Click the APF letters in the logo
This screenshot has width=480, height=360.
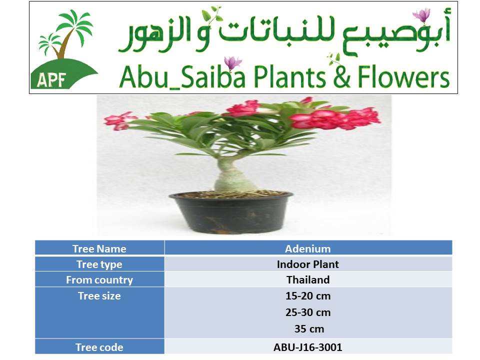click(51, 80)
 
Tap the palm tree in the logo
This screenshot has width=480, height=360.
click(65, 33)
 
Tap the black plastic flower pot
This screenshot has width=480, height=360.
click(231, 213)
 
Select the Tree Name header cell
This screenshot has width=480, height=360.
click(99, 248)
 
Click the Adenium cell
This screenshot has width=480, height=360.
click(308, 248)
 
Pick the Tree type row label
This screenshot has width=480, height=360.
click(99, 264)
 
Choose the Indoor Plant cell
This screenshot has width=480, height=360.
click(308, 264)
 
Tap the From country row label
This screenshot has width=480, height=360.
click(99, 280)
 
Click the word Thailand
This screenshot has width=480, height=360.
click(308, 280)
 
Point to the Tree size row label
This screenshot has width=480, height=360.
click(99, 296)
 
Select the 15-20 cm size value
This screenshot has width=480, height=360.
click(308, 296)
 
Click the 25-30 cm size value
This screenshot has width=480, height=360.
click(308, 312)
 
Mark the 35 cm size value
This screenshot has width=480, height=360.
click(309, 329)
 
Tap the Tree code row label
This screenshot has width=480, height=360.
click(99, 347)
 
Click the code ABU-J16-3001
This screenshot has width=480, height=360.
click(308, 347)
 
